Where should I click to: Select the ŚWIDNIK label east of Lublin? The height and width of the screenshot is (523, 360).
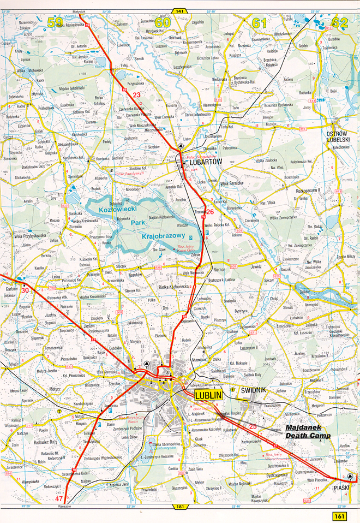pos(255,390)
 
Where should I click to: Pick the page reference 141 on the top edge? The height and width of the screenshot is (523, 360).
pos(179,10)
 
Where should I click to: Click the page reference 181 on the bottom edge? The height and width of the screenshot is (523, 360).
pos(179,508)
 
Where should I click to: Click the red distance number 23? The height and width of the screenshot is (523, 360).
pos(136,95)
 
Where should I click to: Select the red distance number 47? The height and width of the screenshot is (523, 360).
pos(59,499)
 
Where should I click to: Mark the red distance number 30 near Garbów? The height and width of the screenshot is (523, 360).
pos(25,290)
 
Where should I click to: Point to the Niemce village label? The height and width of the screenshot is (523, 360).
pos(220,268)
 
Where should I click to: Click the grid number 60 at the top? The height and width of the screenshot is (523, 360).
pos(162,22)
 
